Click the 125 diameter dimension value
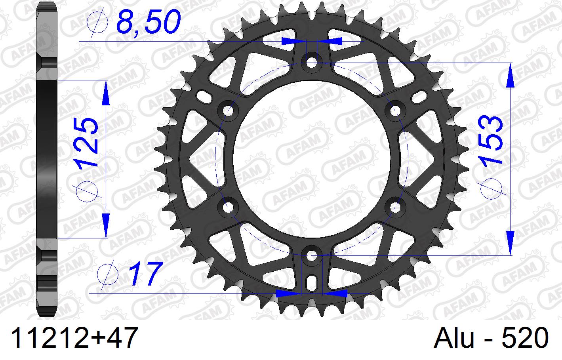(87, 141)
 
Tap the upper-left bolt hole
(228, 110)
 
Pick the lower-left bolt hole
(228, 207)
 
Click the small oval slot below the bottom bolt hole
(312, 282)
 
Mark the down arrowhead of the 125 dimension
(106, 224)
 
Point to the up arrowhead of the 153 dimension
(511, 75)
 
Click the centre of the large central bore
(312, 159)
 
